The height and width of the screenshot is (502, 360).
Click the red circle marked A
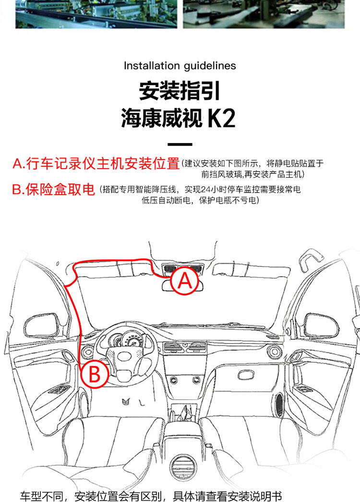(x=185, y=281)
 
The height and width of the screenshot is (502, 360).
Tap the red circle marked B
(x=95, y=374)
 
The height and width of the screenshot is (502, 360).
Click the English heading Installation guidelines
(x=180, y=66)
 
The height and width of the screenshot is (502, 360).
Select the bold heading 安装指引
(x=180, y=91)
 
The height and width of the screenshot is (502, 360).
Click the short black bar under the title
(x=180, y=145)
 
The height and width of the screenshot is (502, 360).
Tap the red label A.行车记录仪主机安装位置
(x=96, y=163)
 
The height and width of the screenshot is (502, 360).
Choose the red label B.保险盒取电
(x=53, y=189)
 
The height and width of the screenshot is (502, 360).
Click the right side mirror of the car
(x=321, y=325)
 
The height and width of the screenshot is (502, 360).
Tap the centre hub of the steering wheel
(x=125, y=356)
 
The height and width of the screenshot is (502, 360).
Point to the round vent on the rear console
(x=183, y=468)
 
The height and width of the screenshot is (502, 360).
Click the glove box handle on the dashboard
(x=246, y=375)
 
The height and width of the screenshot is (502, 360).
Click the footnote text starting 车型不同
(x=151, y=496)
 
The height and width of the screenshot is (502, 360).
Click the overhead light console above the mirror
(x=182, y=269)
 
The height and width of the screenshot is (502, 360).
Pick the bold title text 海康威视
(x=162, y=119)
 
